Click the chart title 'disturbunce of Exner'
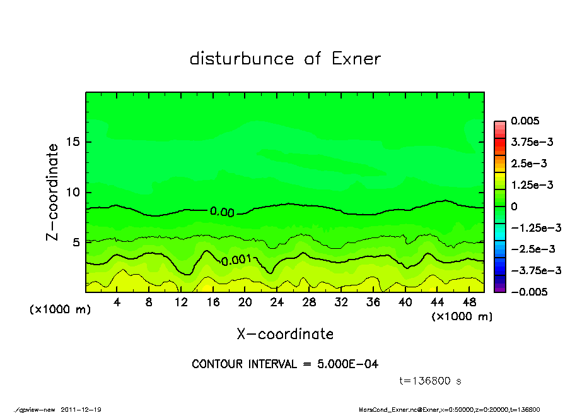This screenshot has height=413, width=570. pyautogui.click(x=285, y=59)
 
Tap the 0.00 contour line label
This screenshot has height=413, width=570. pyautogui.click(x=222, y=212)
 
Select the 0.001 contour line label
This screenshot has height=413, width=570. pyautogui.click(x=236, y=259)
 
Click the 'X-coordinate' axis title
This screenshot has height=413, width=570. pyautogui.click(x=285, y=333)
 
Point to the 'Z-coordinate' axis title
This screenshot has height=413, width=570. pyautogui.click(x=52, y=192)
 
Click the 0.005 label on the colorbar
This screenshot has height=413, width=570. pyautogui.click(x=524, y=121)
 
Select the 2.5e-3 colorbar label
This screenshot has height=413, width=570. pyautogui.click(x=530, y=163)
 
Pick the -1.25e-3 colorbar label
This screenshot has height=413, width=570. pyautogui.click(x=532, y=227)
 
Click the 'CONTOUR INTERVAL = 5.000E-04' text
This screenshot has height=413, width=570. pyautogui.click(x=285, y=364)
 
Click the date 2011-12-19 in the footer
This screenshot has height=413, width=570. pyautogui.click(x=81, y=409)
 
